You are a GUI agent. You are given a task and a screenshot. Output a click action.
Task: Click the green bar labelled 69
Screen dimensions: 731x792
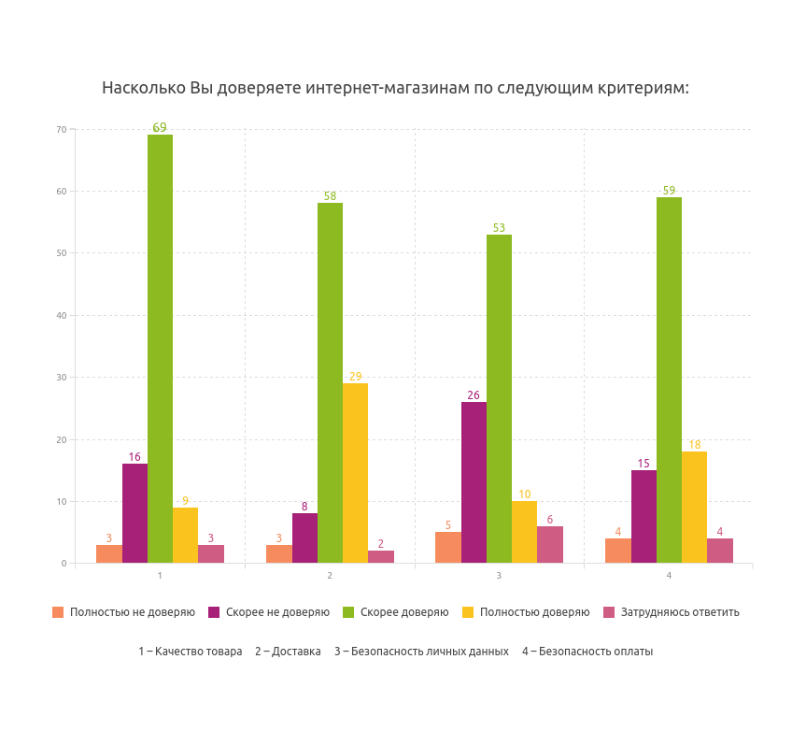(x=160, y=349)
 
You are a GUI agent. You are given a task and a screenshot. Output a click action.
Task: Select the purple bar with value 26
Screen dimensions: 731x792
(x=474, y=482)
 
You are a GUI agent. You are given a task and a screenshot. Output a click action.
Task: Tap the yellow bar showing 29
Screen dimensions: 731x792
(x=355, y=473)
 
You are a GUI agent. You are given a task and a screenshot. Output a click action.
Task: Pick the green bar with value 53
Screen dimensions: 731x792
(x=499, y=398)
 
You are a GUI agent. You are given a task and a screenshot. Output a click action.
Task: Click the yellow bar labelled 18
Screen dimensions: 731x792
(x=694, y=507)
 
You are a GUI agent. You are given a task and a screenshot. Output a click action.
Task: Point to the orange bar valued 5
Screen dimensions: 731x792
(x=448, y=547)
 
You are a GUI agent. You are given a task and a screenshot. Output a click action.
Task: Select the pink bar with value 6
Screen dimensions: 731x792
(x=550, y=544)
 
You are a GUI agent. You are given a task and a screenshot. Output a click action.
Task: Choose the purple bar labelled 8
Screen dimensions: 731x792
(x=304, y=537)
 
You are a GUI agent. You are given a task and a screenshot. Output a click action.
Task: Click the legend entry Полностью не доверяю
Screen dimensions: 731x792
(x=132, y=612)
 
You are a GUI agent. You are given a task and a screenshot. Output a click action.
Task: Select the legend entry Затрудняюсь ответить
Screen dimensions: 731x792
(x=679, y=612)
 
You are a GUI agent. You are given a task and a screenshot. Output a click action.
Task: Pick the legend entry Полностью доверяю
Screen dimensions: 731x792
(x=534, y=612)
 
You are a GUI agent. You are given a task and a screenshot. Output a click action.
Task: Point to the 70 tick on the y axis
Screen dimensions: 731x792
(x=62, y=129)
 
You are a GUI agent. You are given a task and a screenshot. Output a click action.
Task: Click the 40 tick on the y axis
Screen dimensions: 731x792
(x=62, y=315)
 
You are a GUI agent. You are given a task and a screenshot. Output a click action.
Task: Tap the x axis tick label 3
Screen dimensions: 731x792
(x=499, y=575)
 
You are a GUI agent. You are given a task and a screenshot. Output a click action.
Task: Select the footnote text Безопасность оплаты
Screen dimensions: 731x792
(x=595, y=652)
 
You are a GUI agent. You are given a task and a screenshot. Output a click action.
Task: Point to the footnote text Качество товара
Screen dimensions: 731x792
(x=198, y=652)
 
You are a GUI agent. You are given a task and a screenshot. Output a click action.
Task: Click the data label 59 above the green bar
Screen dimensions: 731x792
(x=669, y=191)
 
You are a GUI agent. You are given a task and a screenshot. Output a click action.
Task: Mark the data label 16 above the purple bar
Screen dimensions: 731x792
(x=134, y=457)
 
